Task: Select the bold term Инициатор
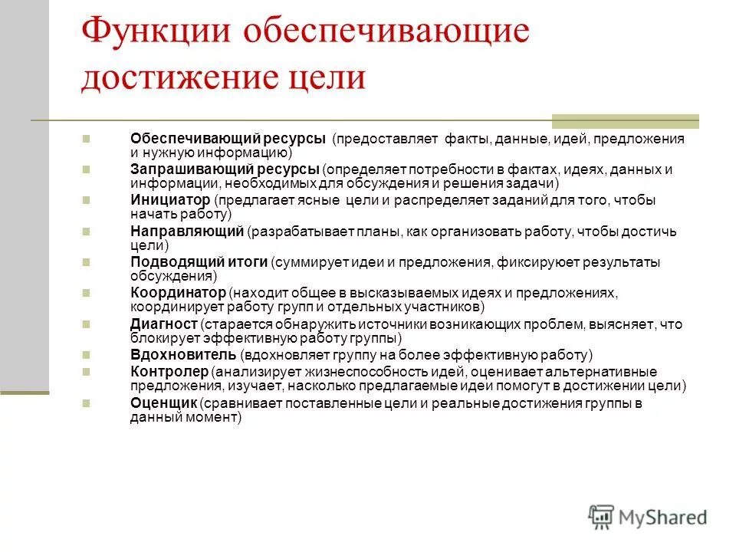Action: tap(169, 200)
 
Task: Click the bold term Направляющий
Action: tap(186, 231)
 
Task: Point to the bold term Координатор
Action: tap(178, 293)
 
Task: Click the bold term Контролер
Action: tap(169, 372)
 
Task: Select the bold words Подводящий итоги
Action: tap(199, 262)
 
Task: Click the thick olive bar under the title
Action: tap(626, 120)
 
